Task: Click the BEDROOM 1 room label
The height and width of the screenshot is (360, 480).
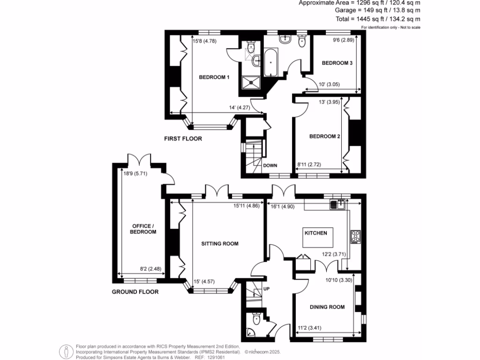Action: coord(214,77)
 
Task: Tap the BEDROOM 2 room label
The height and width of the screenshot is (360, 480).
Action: coord(324,137)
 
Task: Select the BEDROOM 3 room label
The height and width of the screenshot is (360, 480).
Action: coord(337,63)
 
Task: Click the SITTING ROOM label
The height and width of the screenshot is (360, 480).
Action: coord(220,244)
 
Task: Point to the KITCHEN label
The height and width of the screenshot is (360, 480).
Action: coord(319,233)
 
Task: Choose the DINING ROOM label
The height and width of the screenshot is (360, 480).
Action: coord(327,307)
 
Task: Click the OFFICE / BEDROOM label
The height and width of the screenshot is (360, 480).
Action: coord(143,229)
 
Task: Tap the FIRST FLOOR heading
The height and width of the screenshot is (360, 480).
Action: coord(183,139)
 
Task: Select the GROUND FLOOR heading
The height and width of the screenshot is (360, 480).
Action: coord(135,292)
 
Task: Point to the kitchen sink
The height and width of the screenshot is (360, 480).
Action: coord(337,203)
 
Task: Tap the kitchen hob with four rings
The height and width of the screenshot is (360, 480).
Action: coord(355,237)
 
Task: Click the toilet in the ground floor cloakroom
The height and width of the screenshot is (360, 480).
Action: coord(256,319)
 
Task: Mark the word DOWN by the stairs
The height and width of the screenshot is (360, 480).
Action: coord(270,165)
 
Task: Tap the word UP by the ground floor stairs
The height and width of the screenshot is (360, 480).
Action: coord(266,288)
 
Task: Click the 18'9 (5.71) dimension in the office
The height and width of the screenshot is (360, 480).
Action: coord(135,173)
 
